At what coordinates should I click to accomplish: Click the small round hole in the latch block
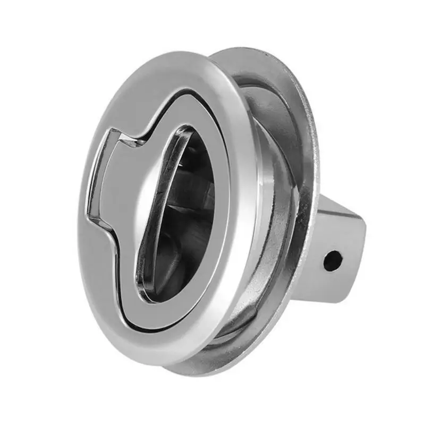(x=333, y=261)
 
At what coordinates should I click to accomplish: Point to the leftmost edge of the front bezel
(x=81, y=212)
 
